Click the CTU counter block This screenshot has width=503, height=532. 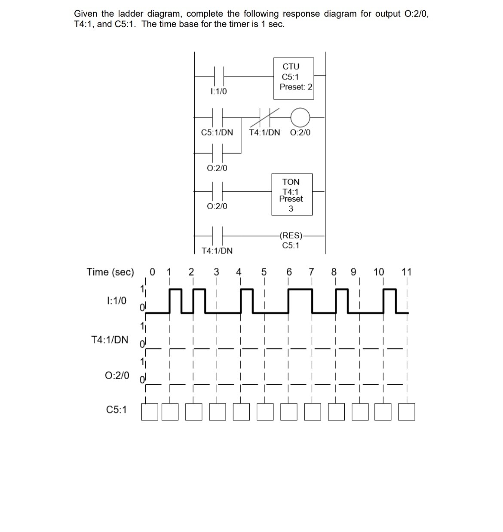pyautogui.click(x=294, y=79)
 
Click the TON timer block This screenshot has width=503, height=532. pyautogui.click(x=291, y=194)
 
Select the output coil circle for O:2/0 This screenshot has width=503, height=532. pyautogui.click(x=300, y=116)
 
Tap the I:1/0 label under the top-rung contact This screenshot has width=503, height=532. pyautogui.click(x=219, y=92)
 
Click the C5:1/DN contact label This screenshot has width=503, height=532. pyautogui.click(x=217, y=133)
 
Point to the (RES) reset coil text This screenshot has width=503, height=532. pyautogui.click(x=291, y=235)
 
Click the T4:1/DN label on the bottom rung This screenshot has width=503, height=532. pyautogui.click(x=217, y=251)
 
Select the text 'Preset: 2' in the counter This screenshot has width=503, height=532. pyautogui.click(x=296, y=87)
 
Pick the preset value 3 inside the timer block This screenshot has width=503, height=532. pyautogui.click(x=291, y=209)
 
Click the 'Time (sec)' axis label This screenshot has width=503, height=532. pyautogui.click(x=110, y=272)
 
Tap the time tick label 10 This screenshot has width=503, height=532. pyautogui.click(x=379, y=272)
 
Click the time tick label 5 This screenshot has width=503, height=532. pyautogui.click(x=264, y=272)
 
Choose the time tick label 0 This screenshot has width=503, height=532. pyautogui.click(x=152, y=272)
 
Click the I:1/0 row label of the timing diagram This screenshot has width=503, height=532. pyautogui.click(x=116, y=300)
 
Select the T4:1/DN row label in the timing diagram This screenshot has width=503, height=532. pyautogui.click(x=110, y=340)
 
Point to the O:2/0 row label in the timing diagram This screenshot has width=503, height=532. pyautogui.click(x=117, y=375)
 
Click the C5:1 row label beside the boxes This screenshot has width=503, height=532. pyautogui.click(x=116, y=410)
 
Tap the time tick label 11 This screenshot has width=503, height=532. pyautogui.click(x=406, y=272)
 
